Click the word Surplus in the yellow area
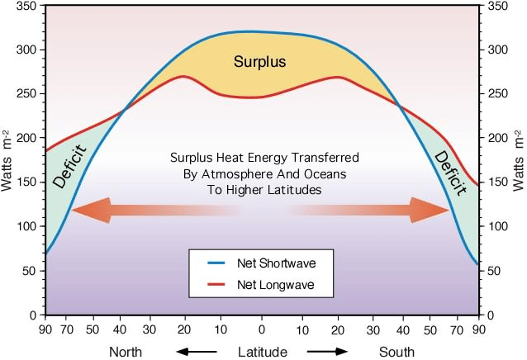259,62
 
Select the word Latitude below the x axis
263,352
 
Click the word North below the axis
131,352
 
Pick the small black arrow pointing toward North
195,352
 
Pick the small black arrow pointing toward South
330,352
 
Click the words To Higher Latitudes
263,190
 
